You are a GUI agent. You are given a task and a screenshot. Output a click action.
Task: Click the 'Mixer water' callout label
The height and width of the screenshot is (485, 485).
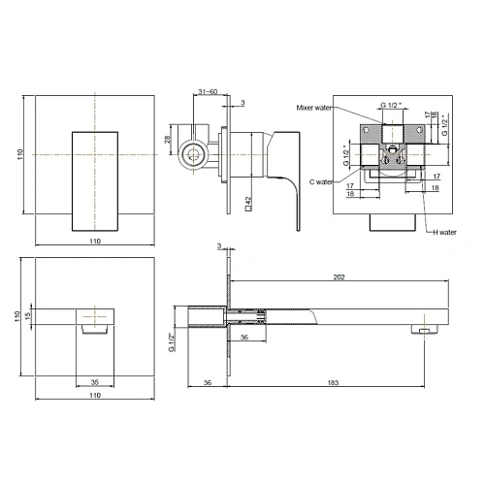[x=314, y=108]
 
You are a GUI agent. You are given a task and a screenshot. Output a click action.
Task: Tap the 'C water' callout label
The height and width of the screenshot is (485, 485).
[x=321, y=182]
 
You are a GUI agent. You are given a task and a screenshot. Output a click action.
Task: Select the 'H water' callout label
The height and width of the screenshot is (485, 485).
[x=444, y=232]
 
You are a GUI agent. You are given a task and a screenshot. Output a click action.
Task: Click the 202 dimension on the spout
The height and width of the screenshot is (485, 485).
[x=339, y=277]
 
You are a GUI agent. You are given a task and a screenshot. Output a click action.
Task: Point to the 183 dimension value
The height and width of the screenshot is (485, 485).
[x=333, y=383]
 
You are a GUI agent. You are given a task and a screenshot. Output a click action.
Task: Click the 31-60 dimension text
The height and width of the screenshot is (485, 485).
[x=208, y=91]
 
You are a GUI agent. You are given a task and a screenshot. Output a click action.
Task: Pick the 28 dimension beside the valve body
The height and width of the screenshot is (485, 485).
[x=167, y=140]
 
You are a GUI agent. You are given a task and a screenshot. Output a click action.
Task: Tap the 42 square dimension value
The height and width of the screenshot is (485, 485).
[x=248, y=204]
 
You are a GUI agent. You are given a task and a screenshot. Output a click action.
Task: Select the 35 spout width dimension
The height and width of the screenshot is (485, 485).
[x=94, y=382]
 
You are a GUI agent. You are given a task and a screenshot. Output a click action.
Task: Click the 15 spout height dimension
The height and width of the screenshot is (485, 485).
[x=28, y=316]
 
